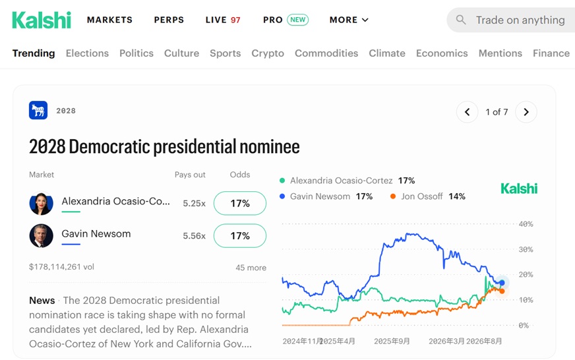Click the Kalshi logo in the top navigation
coord(42,20)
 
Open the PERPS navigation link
coord(169,20)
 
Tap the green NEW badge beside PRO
coord(297,20)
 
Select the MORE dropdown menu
coord(349,20)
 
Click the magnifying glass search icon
coord(461,20)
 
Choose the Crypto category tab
coord(268,53)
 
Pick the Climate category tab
coord(387,53)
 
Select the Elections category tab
coord(87,53)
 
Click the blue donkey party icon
coord(38,110)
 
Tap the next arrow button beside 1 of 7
coord(526,112)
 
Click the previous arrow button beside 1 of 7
coord(467,112)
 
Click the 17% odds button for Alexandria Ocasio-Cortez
coord(240,203)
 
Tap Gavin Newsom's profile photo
coord(41,236)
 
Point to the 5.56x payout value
coord(194,236)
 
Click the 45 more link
coord(251,268)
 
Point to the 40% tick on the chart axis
coord(526,224)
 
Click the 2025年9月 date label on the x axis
coord(392,342)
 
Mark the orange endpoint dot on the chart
coord(502,291)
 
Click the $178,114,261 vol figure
coord(61,267)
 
